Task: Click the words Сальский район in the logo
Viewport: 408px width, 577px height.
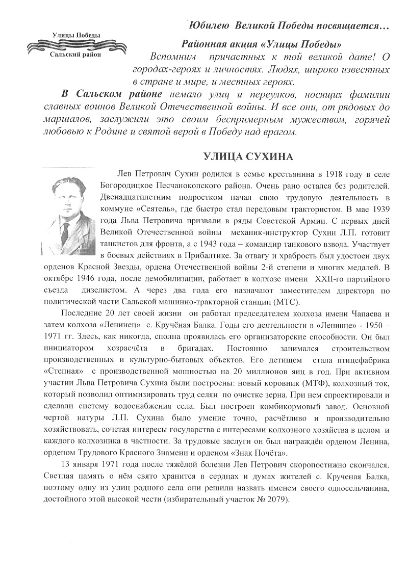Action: pos(75,54)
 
